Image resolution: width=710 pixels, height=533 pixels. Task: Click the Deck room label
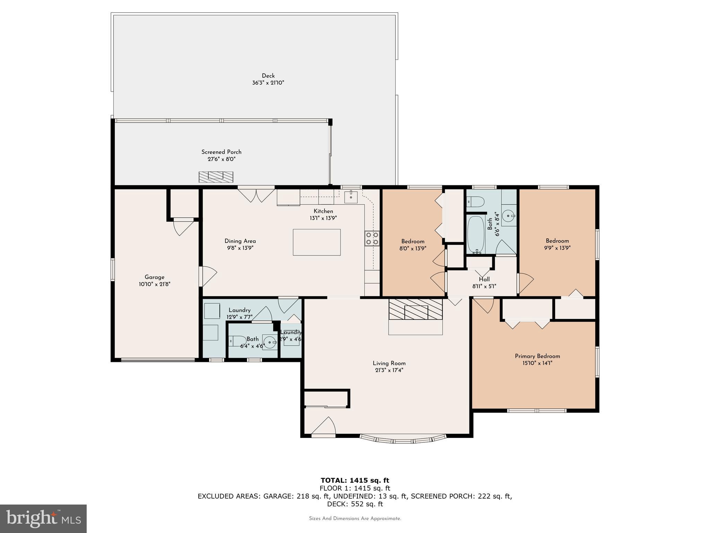[268, 76]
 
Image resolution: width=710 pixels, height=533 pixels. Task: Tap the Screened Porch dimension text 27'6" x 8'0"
[221, 159]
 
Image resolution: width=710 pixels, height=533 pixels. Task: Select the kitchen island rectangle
[317, 242]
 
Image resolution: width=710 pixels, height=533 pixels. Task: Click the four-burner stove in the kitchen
[372, 238]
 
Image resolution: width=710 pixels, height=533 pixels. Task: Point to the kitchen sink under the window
[351, 196]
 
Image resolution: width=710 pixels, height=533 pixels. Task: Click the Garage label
[155, 277]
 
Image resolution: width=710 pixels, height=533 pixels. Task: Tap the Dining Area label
[240, 241]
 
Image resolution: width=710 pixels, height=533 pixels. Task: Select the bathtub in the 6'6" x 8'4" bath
[476, 234]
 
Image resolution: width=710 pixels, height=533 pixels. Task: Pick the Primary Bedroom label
[537, 356]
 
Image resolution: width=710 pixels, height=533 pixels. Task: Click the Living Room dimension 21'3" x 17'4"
[389, 370]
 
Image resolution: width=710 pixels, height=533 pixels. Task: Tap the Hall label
[484, 279]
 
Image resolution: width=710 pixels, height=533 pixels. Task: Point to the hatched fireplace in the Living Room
[415, 309]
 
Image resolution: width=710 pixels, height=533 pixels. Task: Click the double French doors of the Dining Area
[256, 194]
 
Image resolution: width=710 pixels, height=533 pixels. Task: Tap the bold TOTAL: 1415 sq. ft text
[355, 481]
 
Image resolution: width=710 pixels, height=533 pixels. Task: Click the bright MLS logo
[43, 518]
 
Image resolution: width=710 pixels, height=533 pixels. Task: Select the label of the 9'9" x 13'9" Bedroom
[557, 241]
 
